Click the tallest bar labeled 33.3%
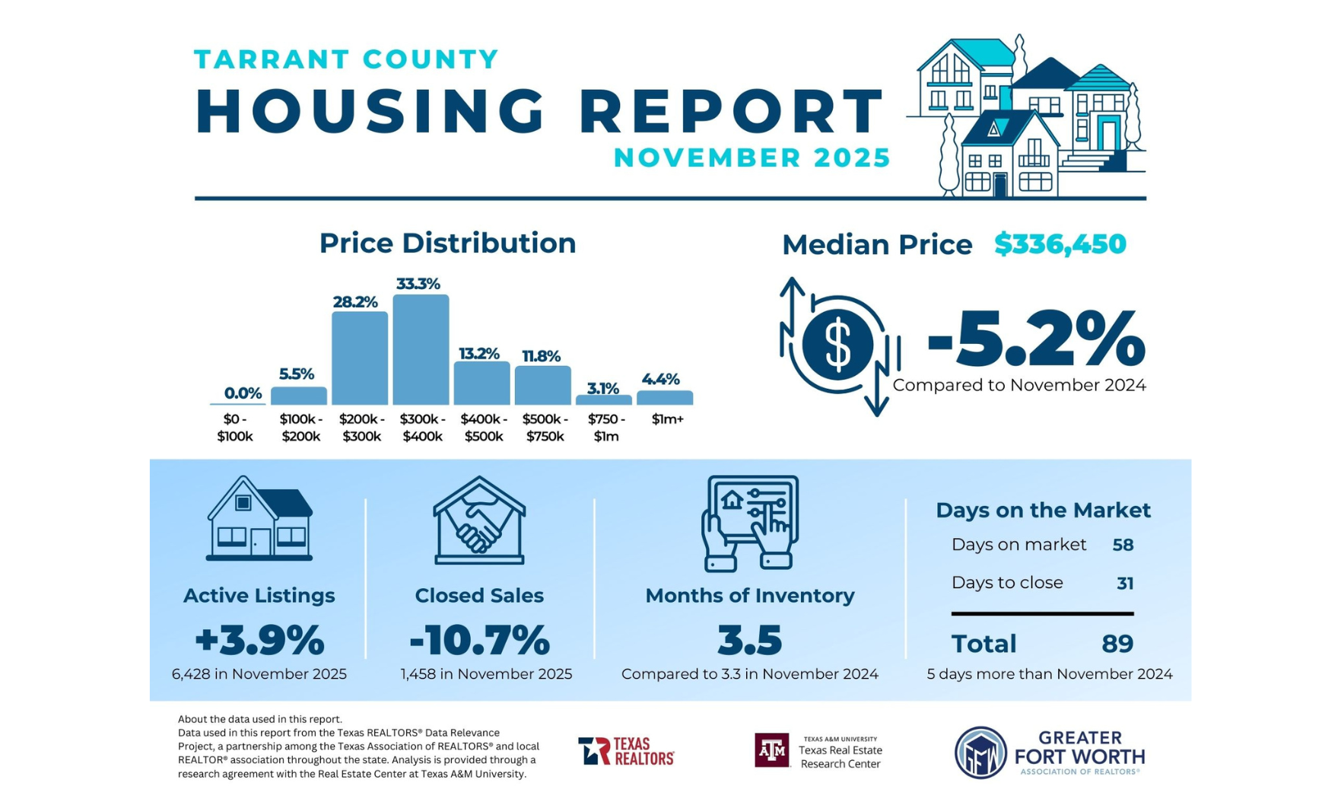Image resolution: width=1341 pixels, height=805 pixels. pos(421,350)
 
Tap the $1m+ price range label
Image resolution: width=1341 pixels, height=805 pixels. pos(667,419)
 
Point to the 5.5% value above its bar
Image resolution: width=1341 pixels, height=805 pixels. pos(296,374)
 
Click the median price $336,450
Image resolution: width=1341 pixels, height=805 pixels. pos(1060,244)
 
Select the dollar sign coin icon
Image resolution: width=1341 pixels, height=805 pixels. pos(837,345)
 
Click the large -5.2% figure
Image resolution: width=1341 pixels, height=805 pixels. pos(1035,339)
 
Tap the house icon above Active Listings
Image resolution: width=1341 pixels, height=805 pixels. pos(259,519)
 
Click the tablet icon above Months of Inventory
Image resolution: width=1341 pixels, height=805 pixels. pos(750,523)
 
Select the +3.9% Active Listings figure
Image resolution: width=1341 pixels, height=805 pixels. pos(259,640)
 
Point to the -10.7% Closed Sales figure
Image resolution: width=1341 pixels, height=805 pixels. pos(479,640)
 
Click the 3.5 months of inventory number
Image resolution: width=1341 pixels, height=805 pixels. pos(749,640)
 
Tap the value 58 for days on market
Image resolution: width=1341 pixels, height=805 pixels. pos(1123,545)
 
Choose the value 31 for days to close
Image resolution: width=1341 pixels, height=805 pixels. pos(1125,584)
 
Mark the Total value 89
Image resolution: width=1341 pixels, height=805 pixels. pos(1117,644)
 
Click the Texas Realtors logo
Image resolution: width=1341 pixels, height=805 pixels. pos(626,751)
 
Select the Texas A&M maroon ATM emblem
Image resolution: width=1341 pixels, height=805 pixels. pos(771,750)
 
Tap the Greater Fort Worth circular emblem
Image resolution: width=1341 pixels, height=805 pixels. pos(980,752)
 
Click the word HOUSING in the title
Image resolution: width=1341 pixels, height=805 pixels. pos(370,112)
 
